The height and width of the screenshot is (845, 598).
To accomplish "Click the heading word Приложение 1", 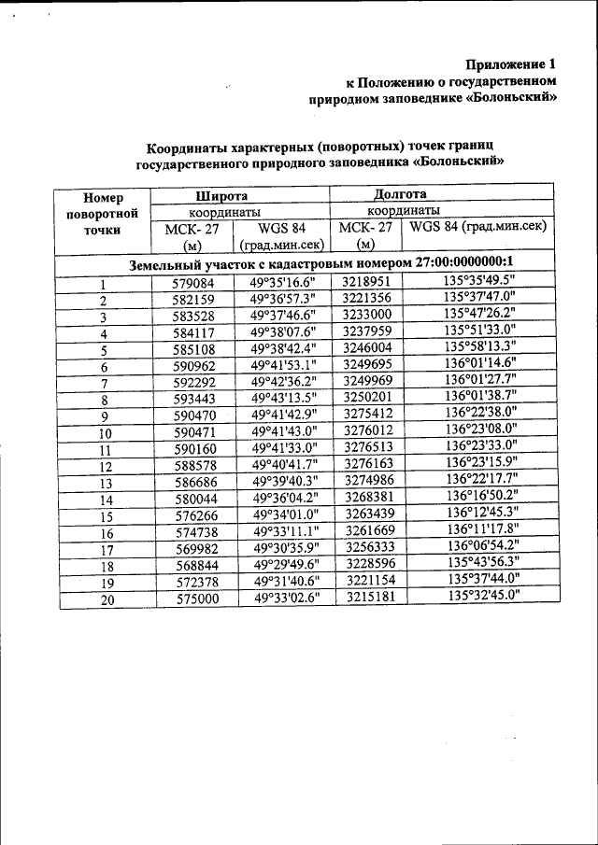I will [x=510, y=64].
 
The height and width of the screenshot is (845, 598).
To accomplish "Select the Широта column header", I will [x=221, y=195].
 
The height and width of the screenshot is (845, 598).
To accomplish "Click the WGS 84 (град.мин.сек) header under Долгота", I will [x=477, y=227].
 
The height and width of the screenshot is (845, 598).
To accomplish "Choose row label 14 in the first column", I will [x=106, y=500].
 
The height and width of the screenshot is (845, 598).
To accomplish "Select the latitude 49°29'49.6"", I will [x=283, y=564].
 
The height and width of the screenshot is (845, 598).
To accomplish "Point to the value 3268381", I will [x=367, y=498].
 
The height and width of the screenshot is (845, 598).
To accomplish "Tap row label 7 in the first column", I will [x=105, y=384].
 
